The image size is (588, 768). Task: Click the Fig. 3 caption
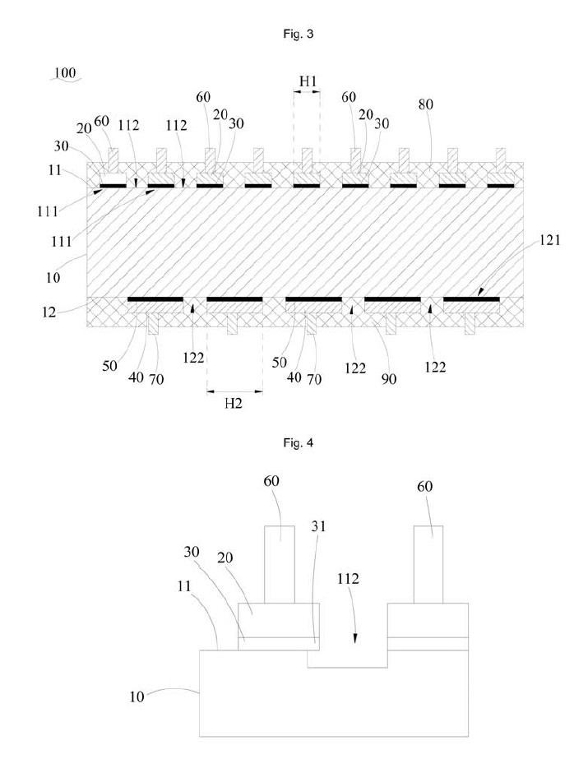point(298,34)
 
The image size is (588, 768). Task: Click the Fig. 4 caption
point(298,442)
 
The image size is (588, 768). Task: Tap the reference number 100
point(65,73)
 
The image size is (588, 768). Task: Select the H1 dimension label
point(308,81)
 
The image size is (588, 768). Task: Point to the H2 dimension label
point(234,404)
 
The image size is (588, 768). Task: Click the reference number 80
point(425,104)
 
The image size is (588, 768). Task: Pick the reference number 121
point(550,240)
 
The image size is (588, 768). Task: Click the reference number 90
point(388,378)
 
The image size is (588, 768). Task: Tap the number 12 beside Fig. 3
point(49,312)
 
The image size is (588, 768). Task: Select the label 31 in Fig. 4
point(318,526)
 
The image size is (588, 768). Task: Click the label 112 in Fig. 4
point(348,578)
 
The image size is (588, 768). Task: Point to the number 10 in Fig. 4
point(137,696)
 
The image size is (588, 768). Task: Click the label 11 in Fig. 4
point(183,585)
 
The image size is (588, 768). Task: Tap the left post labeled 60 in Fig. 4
point(280,564)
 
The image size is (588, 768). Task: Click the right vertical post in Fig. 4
point(428,564)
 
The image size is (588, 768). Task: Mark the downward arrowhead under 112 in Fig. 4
point(354,638)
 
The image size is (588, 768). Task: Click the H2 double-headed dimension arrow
point(234,391)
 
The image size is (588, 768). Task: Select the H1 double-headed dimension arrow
point(307,90)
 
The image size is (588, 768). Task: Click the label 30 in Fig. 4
point(192,552)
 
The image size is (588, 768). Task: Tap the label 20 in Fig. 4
point(225,557)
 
